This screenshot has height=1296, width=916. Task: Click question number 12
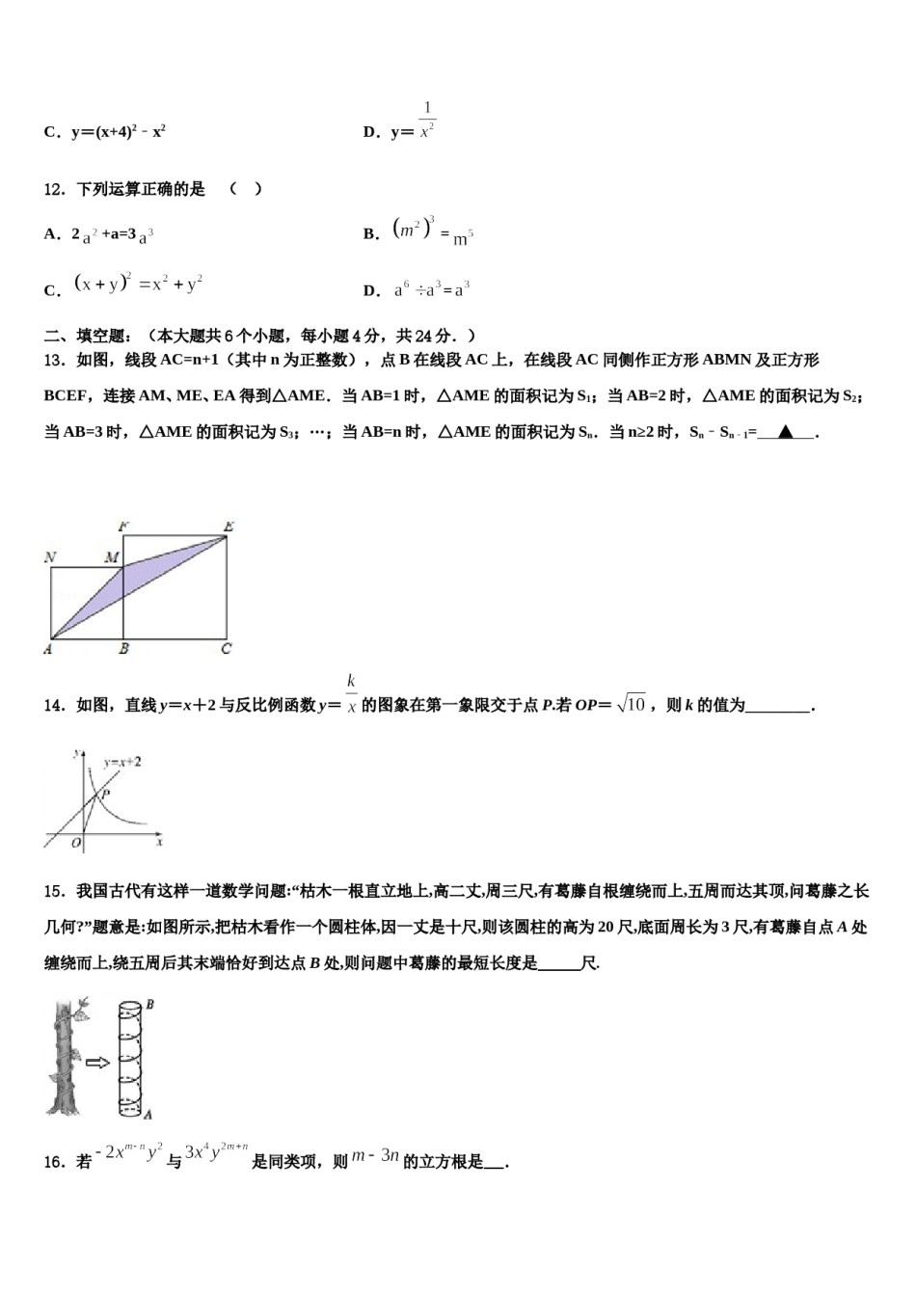point(54,189)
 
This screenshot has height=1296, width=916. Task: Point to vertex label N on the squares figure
point(50,557)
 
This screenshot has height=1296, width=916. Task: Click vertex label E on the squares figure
point(229,526)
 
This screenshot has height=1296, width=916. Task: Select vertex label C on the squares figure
point(227,649)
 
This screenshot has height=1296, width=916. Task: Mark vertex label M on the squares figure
point(112,557)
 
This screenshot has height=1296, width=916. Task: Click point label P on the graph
point(105,794)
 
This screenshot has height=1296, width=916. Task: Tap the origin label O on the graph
point(76,843)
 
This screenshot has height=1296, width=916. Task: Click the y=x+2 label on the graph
point(122,762)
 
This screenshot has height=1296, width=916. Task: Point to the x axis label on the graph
point(159,842)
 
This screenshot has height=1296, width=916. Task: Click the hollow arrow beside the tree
point(97,1063)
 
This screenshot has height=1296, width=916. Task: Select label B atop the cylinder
point(149,1005)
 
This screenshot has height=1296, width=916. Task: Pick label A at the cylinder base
point(148,1115)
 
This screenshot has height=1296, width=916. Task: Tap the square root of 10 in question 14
point(631,704)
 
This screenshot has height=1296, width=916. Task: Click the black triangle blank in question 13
point(787,432)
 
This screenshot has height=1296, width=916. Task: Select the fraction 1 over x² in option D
point(427,121)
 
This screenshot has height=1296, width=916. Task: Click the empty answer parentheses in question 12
point(245,189)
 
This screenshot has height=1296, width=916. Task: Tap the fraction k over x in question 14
point(352,694)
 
